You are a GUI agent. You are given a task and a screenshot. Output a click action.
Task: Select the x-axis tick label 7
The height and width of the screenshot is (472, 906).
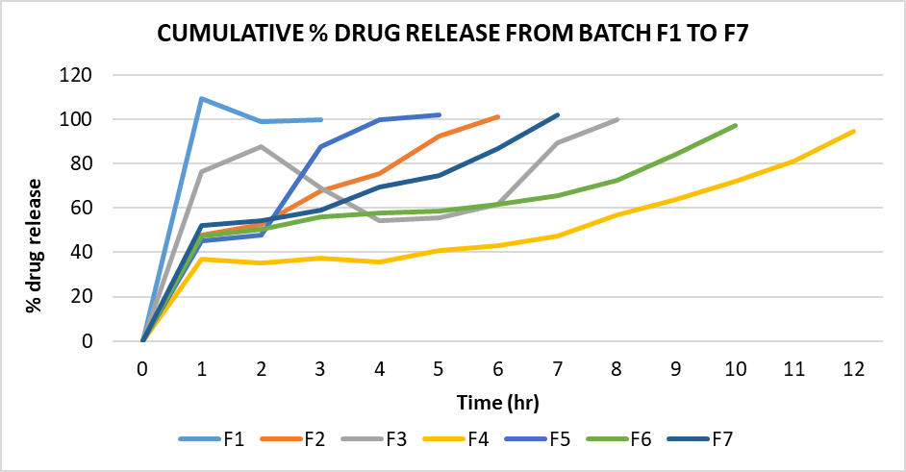[x=558, y=368]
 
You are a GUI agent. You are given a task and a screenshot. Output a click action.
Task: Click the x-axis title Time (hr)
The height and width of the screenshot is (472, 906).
[x=498, y=400]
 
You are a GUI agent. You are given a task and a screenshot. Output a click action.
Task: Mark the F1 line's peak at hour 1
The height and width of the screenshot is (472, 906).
[x=202, y=98]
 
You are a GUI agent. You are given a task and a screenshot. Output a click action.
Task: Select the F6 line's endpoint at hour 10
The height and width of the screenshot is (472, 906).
[x=736, y=125]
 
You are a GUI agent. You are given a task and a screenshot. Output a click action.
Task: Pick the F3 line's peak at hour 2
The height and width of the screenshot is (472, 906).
[x=262, y=146]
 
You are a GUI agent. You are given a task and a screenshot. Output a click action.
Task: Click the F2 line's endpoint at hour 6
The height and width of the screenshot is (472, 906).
[x=498, y=116]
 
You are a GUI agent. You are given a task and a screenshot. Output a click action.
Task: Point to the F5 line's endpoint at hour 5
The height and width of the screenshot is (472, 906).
[x=440, y=114]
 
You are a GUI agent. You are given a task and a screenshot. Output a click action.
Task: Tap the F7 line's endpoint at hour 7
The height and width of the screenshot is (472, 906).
[x=558, y=114]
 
